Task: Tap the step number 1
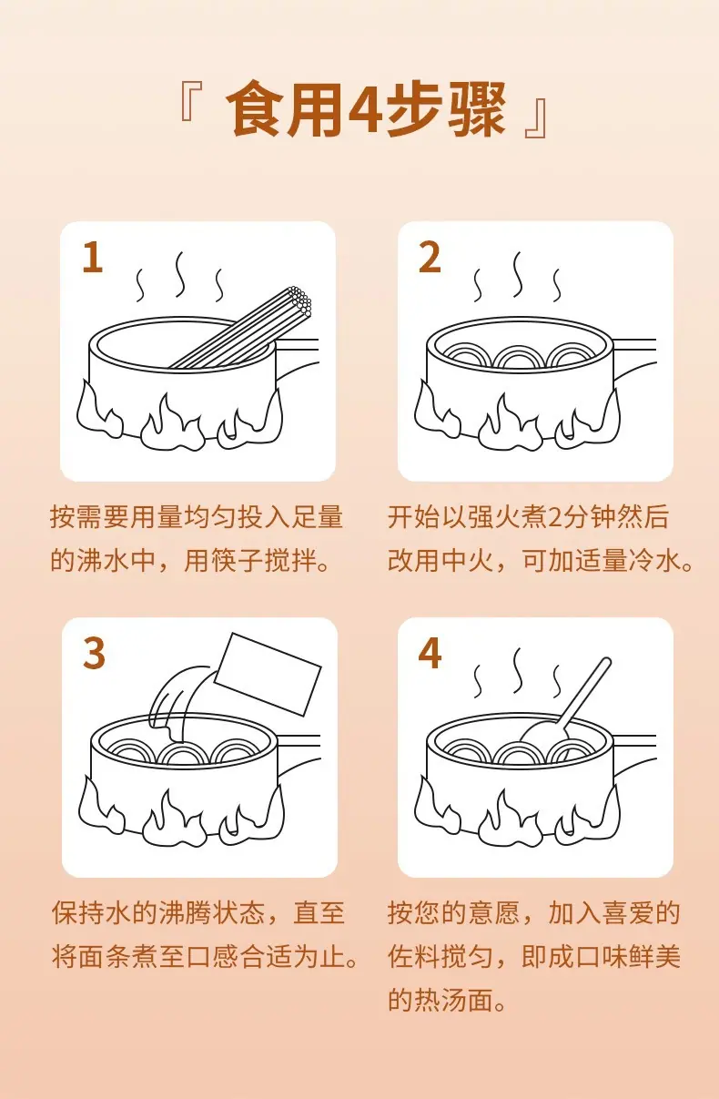click(x=92, y=258)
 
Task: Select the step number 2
click(x=430, y=258)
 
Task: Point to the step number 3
click(x=94, y=654)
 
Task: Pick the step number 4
click(x=430, y=654)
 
